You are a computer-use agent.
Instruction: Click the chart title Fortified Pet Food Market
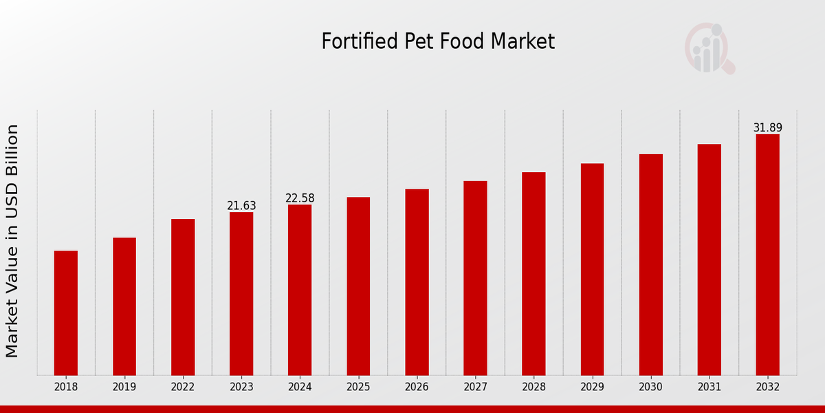pyautogui.click(x=438, y=42)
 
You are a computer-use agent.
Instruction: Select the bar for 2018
pyautogui.click(x=66, y=313)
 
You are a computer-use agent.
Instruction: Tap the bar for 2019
pyautogui.click(x=124, y=306)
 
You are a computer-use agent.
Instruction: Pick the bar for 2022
pyautogui.click(x=183, y=297)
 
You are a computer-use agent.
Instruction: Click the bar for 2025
pyautogui.click(x=358, y=286)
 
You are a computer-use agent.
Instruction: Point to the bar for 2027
pyautogui.click(x=475, y=278)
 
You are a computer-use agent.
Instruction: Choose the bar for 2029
pyautogui.click(x=592, y=269)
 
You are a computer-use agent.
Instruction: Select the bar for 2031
pyautogui.click(x=709, y=260)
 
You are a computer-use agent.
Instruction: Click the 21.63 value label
pyautogui.click(x=241, y=206)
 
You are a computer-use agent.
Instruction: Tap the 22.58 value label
pyautogui.click(x=300, y=198)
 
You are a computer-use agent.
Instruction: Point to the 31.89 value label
pyautogui.click(x=768, y=128)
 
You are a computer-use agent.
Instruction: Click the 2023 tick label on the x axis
pyautogui.click(x=241, y=388)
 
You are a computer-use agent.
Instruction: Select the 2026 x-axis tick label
pyautogui.click(x=417, y=388)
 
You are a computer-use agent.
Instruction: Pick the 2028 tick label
pyautogui.click(x=533, y=388)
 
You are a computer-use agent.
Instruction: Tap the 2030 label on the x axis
pyautogui.click(x=650, y=388)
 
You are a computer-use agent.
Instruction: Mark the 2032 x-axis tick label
pyautogui.click(x=768, y=388)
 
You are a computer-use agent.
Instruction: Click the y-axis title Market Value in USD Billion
pyautogui.click(x=12, y=241)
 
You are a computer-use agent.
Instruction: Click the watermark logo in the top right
pyautogui.click(x=709, y=48)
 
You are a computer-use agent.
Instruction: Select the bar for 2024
pyautogui.click(x=300, y=290)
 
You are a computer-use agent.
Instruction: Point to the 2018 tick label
pyautogui.click(x=66, y=388)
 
